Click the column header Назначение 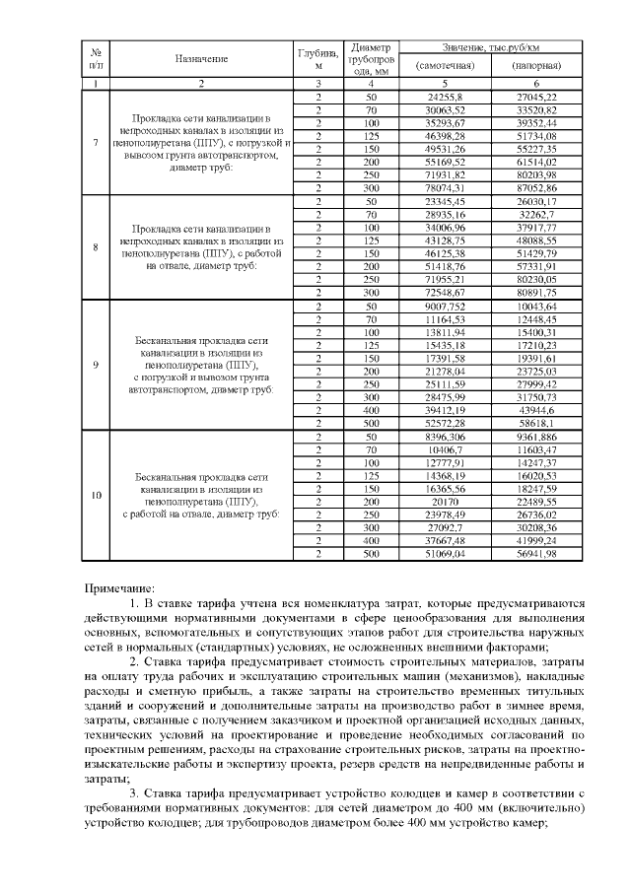coord(201,59)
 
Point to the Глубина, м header coord(317,59)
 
